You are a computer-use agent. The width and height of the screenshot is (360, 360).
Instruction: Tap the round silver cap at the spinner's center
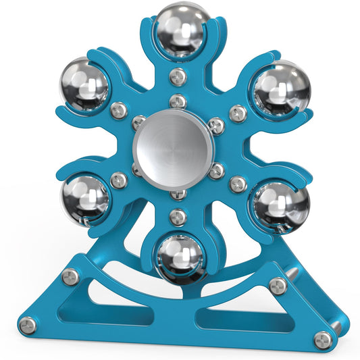pyautogui.click(x=174, y=146)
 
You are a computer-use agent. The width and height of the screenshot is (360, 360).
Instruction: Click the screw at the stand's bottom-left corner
pyautogui.click(x=28, y=326)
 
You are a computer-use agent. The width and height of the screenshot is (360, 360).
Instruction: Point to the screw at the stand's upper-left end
pyautogui.click(x=70, y=276)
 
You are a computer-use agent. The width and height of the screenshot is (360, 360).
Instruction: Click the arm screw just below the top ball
pyautogui.click(x=178, y=76)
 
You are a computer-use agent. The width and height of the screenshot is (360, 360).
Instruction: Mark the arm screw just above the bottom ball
pyautogui.click(x=177, y=217)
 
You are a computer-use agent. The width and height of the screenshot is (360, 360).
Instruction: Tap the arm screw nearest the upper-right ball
pyautogui.click(x=238, y=113)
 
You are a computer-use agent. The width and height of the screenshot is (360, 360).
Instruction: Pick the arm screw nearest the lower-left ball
pyautogui.click(x=118, y=180)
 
